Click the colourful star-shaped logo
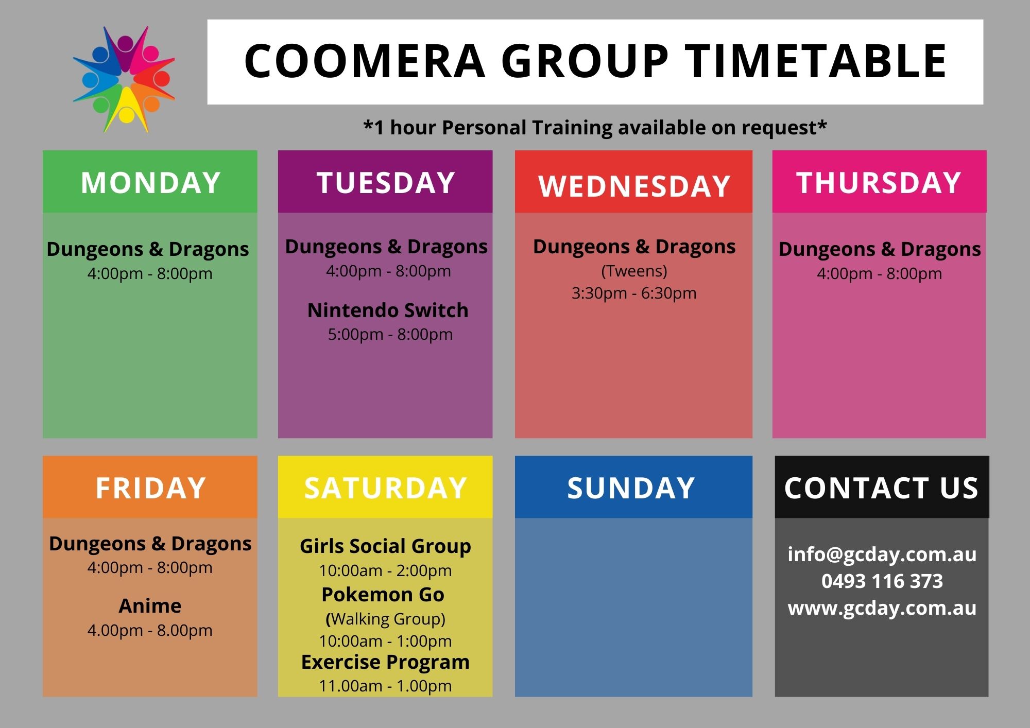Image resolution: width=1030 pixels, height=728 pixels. coord(124,79)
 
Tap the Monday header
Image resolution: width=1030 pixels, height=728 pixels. coord(150,183)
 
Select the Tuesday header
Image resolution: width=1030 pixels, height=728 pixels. coord(386,183)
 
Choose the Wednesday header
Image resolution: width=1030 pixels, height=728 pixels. coord(634,186)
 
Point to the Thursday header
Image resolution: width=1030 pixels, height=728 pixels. coord(879,183)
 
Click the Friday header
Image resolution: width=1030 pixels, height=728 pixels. coord(150,488)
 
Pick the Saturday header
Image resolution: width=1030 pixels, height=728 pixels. coord(385,488)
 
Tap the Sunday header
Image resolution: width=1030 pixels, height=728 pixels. coord(631,488)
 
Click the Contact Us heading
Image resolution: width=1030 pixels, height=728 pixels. coord(881,488)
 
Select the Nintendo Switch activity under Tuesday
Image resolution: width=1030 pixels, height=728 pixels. coord(388,310)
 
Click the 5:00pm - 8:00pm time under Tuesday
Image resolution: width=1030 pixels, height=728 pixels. coord(390,335)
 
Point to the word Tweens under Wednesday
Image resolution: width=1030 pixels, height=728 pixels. coord(634,271)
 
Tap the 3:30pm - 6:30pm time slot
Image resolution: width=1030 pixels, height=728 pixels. coord(634,293)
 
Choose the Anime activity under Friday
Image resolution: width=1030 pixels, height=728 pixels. coord(150,606)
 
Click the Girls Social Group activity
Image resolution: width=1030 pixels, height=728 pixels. coord(385,546)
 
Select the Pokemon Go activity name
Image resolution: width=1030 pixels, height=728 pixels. coord(383,595)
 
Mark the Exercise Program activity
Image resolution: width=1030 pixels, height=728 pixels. coord(385,662)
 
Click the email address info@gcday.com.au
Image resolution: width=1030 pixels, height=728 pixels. coord(882,554)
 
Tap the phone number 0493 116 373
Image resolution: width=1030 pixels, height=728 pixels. coord(882,581)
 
